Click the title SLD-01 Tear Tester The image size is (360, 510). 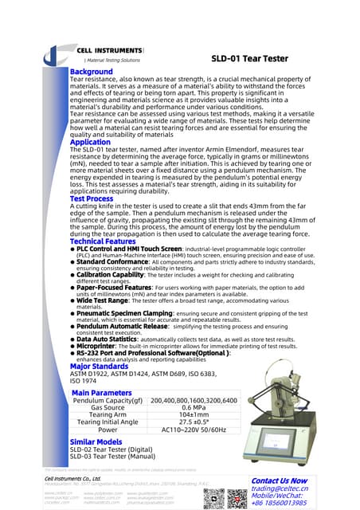click(253, 58)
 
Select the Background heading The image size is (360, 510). click(92, 72)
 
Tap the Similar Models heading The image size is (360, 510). click(96, 441)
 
